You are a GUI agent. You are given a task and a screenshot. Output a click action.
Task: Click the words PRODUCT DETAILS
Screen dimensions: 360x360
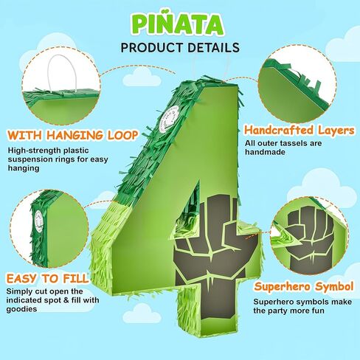click(180, 47)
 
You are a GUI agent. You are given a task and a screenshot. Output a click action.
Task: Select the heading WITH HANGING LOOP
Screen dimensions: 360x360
click(72, 135)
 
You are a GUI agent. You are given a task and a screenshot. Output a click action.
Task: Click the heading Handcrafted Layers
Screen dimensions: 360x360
click(300, 131)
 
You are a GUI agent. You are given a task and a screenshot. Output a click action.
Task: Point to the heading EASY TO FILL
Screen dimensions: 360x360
click(47, 278)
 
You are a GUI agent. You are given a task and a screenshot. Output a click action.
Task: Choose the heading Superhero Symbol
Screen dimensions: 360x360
click(304, 286)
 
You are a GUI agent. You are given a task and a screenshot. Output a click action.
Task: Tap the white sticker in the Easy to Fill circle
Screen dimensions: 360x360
click(39, 221)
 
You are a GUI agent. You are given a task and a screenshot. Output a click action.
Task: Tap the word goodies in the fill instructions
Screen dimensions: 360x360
click(21, 309)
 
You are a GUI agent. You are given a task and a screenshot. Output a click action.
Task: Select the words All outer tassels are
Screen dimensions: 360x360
click(283, 143)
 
